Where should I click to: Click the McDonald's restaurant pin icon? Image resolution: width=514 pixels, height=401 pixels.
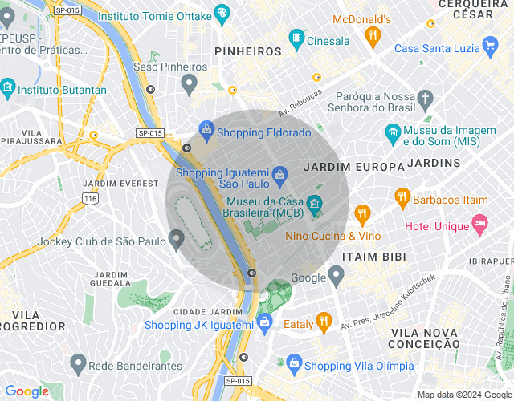[372, 35]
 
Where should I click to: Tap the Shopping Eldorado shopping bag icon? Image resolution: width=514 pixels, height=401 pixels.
[206, 128]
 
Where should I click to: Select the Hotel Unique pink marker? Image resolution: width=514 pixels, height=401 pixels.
[480, 225]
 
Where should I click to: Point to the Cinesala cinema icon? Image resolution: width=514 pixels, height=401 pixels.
[298, 38]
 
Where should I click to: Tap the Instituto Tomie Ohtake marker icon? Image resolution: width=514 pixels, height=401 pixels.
[222, 13]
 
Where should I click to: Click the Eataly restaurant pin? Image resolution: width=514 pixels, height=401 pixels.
[324, 322]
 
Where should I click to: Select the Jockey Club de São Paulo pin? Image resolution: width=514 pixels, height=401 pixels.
[177, 239]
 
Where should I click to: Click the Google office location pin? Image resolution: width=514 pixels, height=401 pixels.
[337, 276]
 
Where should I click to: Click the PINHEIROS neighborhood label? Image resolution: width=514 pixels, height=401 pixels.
[248, 51]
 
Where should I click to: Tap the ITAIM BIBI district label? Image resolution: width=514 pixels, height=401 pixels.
[373, 257]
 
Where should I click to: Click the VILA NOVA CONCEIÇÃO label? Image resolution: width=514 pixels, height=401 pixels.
[425, 338]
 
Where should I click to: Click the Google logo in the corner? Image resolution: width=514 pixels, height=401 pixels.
[27, 391]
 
